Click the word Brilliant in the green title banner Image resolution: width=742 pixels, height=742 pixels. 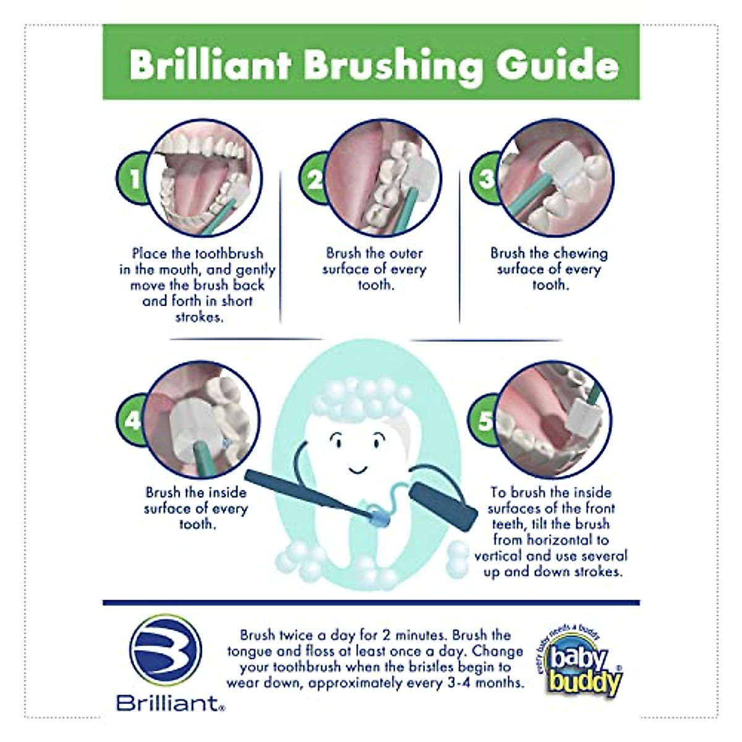[210, 64]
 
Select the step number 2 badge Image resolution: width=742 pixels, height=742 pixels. [313, 179]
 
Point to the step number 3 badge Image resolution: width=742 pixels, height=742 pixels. [487, 179]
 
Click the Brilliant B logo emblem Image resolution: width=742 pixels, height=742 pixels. [165, 650]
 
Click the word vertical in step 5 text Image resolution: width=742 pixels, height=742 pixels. [498, 555]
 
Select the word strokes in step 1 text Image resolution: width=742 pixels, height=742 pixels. [198, 317]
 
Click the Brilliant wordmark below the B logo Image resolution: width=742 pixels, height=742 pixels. [168, 703]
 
